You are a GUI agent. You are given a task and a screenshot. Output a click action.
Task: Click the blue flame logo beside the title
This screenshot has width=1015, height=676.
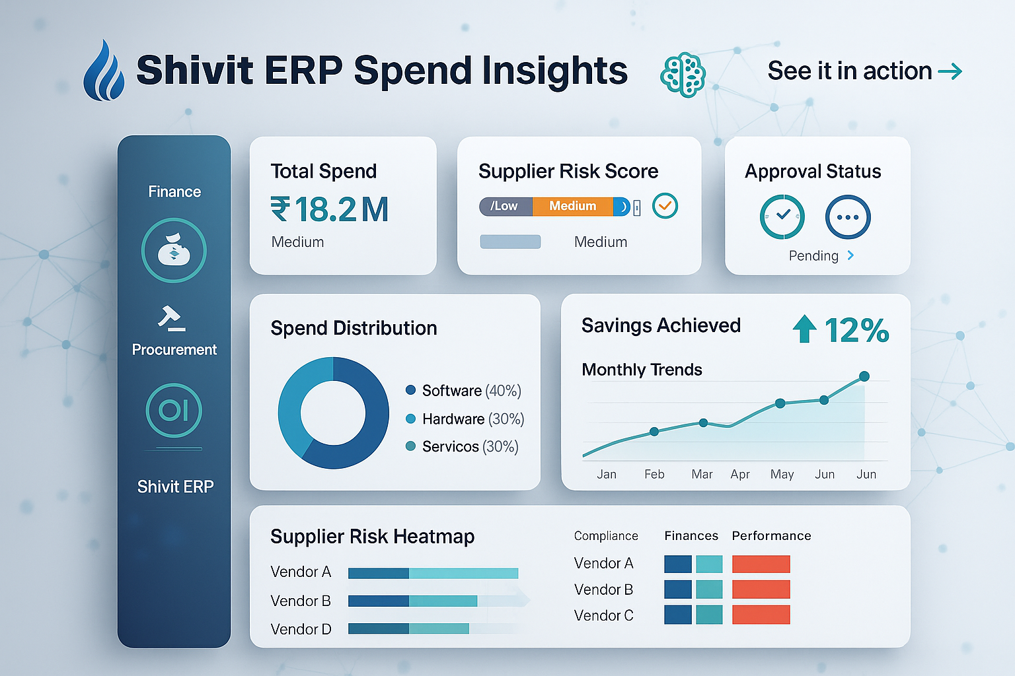[x=104, y=71]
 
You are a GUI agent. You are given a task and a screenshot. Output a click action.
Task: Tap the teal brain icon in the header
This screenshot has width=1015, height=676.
[x=683, y=74]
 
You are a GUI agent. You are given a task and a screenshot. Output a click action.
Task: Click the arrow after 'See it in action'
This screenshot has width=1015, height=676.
[x=950, y=71]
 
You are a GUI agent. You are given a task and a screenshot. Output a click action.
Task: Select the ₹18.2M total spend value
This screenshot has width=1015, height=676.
[x=329, y=210]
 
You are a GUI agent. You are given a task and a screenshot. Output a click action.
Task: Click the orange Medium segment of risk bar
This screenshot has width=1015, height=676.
[x=572, y=207]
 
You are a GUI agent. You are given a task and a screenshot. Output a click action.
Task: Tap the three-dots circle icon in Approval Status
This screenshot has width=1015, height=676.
[x=848, y=217]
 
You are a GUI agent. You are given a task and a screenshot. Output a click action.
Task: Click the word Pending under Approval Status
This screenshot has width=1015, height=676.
[x=813, y=256]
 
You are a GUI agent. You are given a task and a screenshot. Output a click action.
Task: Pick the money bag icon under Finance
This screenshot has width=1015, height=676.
[x=174, y=251]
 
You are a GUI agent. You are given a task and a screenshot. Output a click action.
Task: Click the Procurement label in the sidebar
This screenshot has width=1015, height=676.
[x=174, y=350]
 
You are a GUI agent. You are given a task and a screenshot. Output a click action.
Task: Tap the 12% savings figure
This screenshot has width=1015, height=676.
[x=856, y=330]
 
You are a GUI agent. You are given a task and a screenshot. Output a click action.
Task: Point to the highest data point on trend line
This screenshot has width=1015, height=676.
[x=864, y=376]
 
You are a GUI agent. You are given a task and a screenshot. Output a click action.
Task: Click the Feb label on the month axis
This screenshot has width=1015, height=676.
[x=654, y=475]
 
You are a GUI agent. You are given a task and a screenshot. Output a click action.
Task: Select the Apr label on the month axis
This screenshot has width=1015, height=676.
[x=740, y=475]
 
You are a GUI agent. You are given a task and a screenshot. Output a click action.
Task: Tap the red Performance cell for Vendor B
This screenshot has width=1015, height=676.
[x=761, y=590]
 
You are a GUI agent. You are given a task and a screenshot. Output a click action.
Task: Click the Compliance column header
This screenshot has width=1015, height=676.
[x=606, y=536]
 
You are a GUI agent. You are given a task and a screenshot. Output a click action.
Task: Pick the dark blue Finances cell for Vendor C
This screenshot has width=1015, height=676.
[x=677, y=615]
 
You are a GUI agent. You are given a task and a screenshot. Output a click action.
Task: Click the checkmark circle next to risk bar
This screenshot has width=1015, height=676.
[x=665, y=206]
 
